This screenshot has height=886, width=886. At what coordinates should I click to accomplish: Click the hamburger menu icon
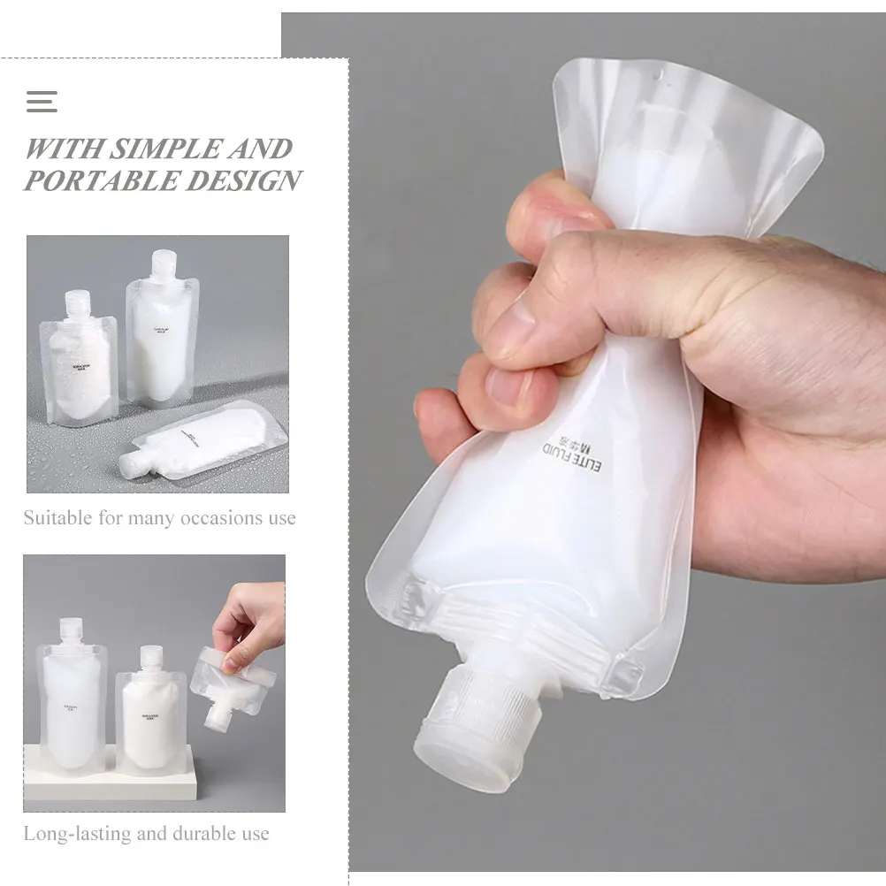coord(42,101)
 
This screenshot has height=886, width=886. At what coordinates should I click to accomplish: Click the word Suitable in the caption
coord(57,517)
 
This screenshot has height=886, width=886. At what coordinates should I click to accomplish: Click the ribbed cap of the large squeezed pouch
coord(477,721)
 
